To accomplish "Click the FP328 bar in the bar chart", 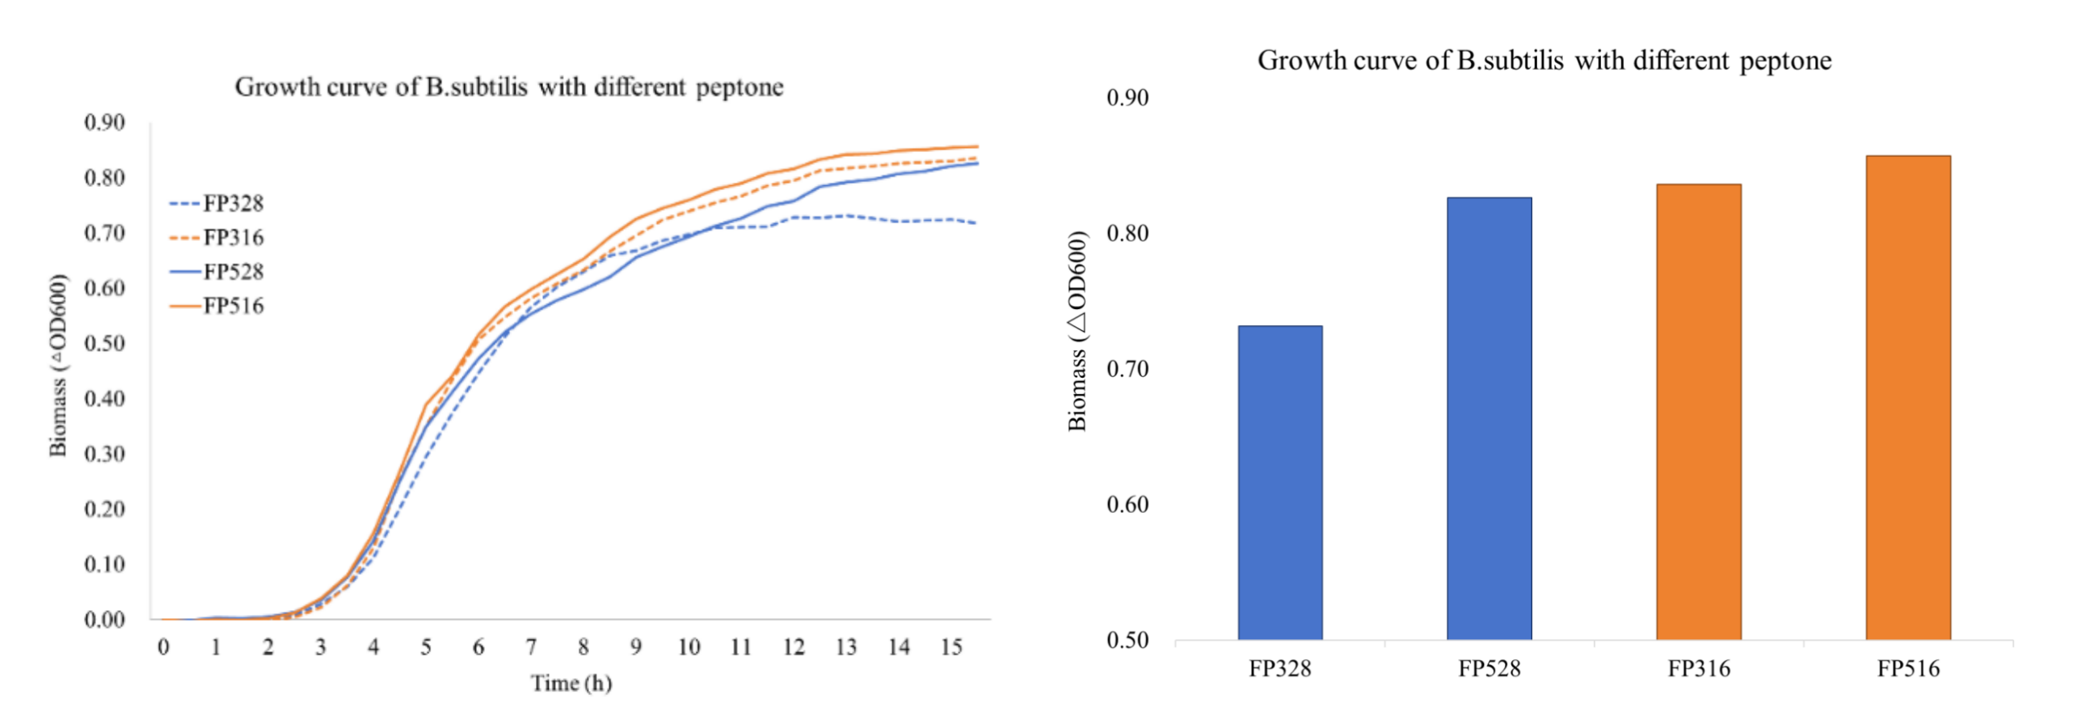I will [x=1279, y=483].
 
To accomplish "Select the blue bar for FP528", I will [x=1489, y=418].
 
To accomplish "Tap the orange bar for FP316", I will [x=1698, y=412].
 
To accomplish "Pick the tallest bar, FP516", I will [x=1907, y=398].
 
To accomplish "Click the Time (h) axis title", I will [x=571, y=683].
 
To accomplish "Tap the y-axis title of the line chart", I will [x=57, y=366].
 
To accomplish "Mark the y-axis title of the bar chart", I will [x=1077, y=330].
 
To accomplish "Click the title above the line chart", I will [x=508, y=87].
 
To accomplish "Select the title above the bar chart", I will [x=1544, y=60].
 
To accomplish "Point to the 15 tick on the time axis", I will [x=951, y=647].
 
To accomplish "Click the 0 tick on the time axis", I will [x=163, y=647].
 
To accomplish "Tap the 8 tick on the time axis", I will [x=584, y=647].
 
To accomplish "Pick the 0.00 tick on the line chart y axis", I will [x=105, y=620].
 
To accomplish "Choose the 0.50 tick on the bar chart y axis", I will [x=1127, y=640].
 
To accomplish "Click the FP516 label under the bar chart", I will [x=1907, y=668].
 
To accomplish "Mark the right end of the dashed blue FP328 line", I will [x=975, y=222].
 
